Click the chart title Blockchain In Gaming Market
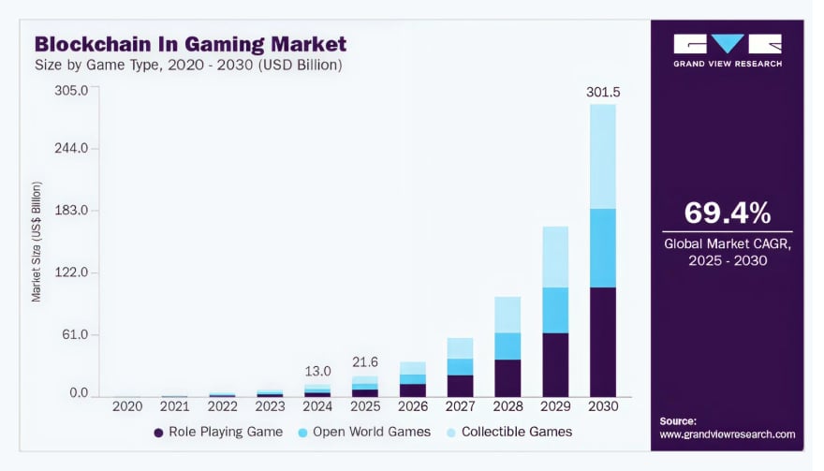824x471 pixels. coord(190,43)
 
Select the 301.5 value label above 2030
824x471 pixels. coord(603,92)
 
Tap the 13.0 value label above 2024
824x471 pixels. coord(317,371)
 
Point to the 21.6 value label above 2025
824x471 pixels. coord(365,361)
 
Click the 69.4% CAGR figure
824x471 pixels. coord(727,213)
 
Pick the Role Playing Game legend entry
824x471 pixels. coord(217,432)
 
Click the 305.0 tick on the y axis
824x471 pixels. coord(72,91)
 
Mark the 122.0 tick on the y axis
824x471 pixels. coord(72,272)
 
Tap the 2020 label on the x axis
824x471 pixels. coord(127,406)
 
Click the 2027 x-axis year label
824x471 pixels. coord(460,406)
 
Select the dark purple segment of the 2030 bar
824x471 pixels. coord(603,342)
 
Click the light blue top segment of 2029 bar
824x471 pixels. coord(555,257)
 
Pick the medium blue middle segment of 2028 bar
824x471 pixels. coord(508,346)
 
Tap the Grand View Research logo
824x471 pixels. coord(727,50)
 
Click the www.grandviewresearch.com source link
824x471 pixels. coord(727,434)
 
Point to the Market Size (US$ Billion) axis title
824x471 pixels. coord(37,241)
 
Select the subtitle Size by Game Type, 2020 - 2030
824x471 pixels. coord(188,66)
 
